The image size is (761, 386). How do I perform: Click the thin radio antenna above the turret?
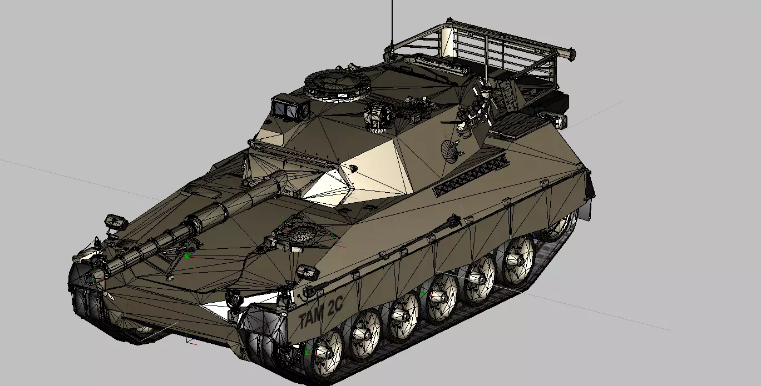click(x=392, y=24)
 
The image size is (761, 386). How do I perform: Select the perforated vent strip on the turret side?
click(x=471, y=175)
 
